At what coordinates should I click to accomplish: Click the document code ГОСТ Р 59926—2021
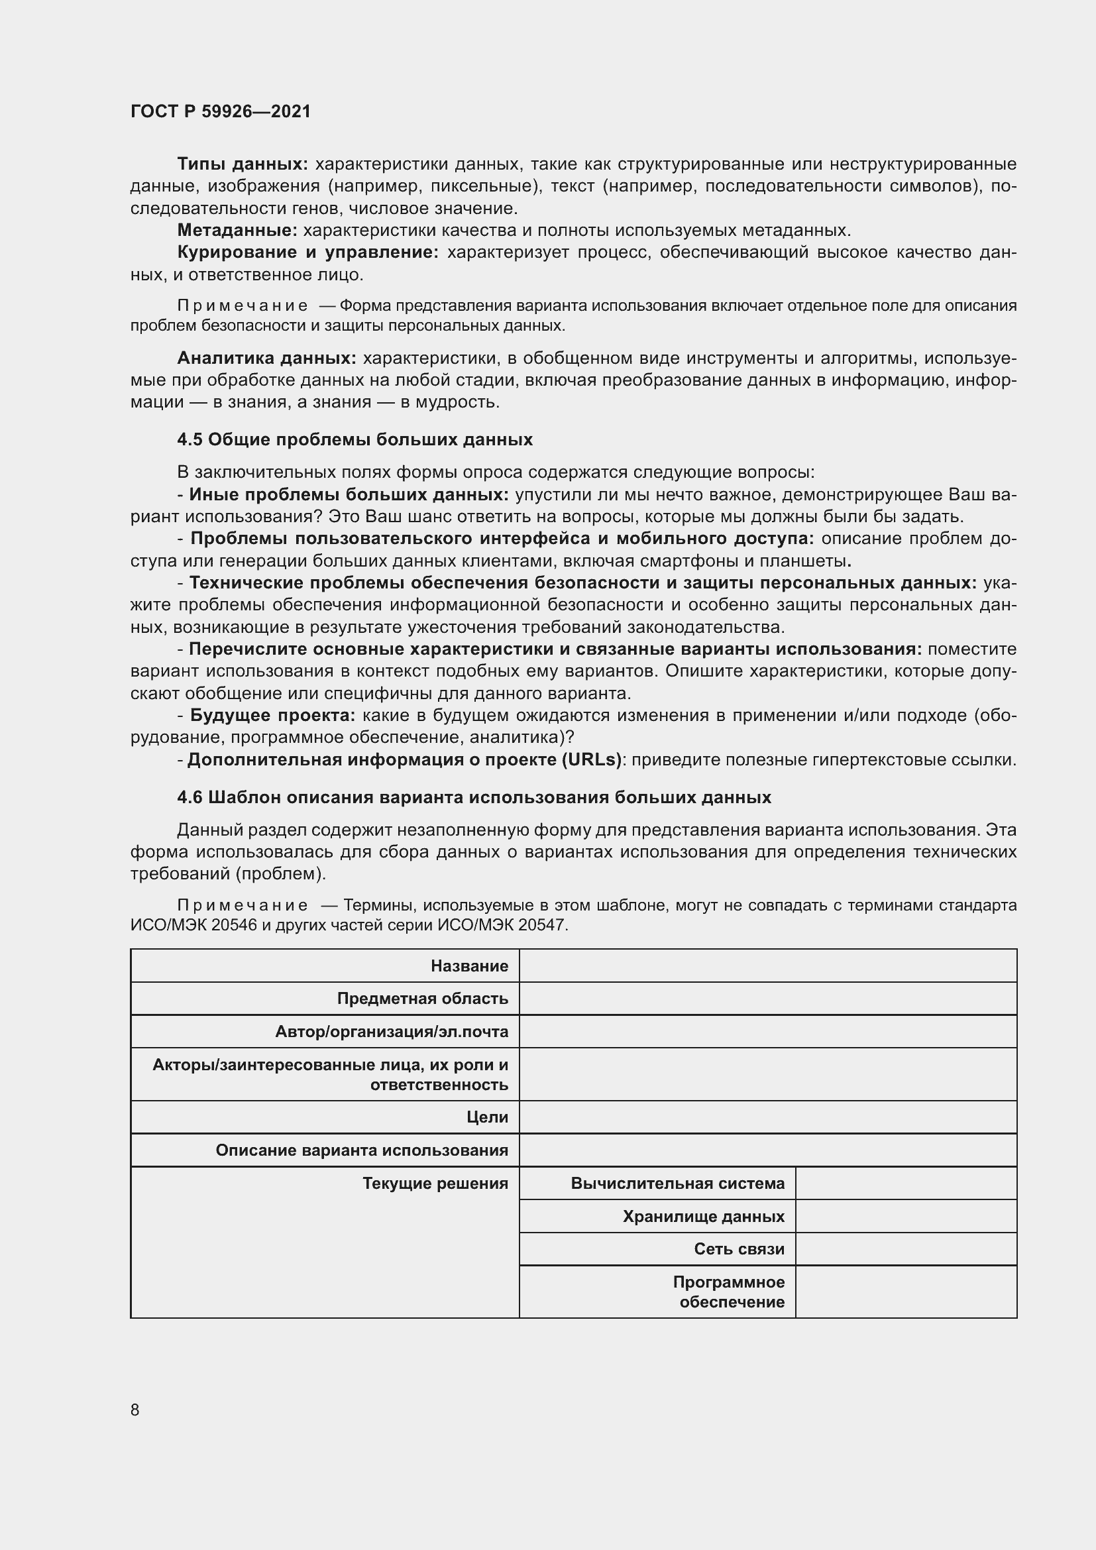[221, 111]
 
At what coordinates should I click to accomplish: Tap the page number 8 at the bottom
[135, 1410]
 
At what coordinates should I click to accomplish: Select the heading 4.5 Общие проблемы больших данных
[355, 439]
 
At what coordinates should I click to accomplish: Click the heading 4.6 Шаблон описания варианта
[474, 797]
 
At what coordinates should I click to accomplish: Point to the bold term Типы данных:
[243, 164]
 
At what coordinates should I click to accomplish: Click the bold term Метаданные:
[237, 230]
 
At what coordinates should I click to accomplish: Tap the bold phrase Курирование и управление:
[307, 252]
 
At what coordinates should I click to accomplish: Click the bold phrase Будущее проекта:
[272, 715]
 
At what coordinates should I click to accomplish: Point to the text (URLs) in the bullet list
[591, 759]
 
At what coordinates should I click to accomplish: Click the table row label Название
[469, 966]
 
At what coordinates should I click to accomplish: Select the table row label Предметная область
[423, 999]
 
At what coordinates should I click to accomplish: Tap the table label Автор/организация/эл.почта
[392, 1032]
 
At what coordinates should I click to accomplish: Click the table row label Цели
[487, 1117]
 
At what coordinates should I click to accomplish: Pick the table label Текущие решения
[435, 1184]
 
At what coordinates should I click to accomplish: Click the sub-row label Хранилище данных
[703, 1217]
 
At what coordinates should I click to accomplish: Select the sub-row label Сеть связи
[739, 1249]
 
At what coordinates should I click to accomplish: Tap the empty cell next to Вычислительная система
[906, 1184]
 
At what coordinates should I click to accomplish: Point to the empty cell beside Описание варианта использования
[767, 1150]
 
